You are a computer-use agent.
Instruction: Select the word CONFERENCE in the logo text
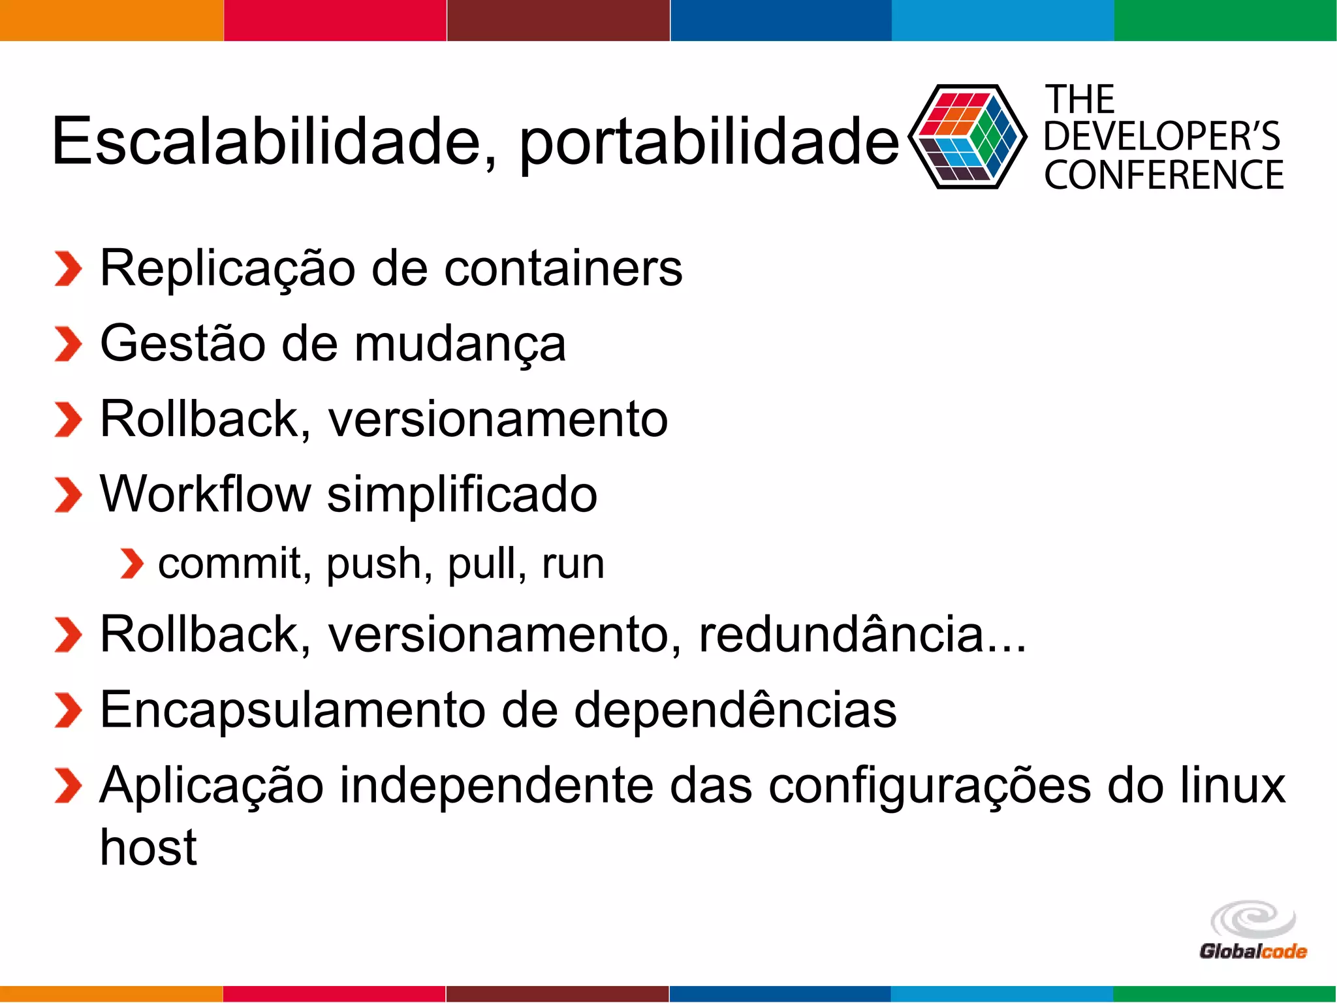1163,175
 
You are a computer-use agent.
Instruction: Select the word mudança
460,345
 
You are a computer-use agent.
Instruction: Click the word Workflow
205,494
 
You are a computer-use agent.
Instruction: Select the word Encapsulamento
292,710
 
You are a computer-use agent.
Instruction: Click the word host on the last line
148,848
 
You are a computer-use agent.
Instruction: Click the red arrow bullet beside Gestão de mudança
68,343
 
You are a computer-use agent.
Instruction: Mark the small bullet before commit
132,564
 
